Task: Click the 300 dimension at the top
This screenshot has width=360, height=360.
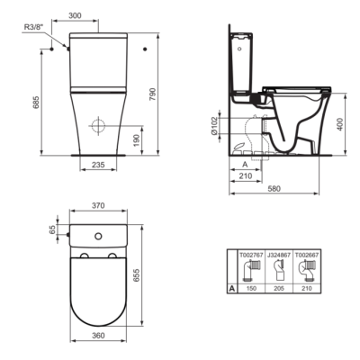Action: click(75, 15)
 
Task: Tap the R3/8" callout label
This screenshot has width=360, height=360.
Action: click(33, 27)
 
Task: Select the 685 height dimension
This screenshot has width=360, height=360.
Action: click(36, 103)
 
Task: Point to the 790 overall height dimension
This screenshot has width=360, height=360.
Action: click(153, 94)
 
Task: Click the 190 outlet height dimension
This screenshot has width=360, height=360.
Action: click(137, 140)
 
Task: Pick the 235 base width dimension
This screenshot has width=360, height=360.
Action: click(98, 165)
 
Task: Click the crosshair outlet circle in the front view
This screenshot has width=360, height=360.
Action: click(98, 126)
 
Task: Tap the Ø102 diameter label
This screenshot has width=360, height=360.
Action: click(214, 126)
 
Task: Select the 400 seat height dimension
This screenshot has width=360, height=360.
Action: click(339, 124)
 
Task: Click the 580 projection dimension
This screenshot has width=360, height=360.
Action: click(274, 188)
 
